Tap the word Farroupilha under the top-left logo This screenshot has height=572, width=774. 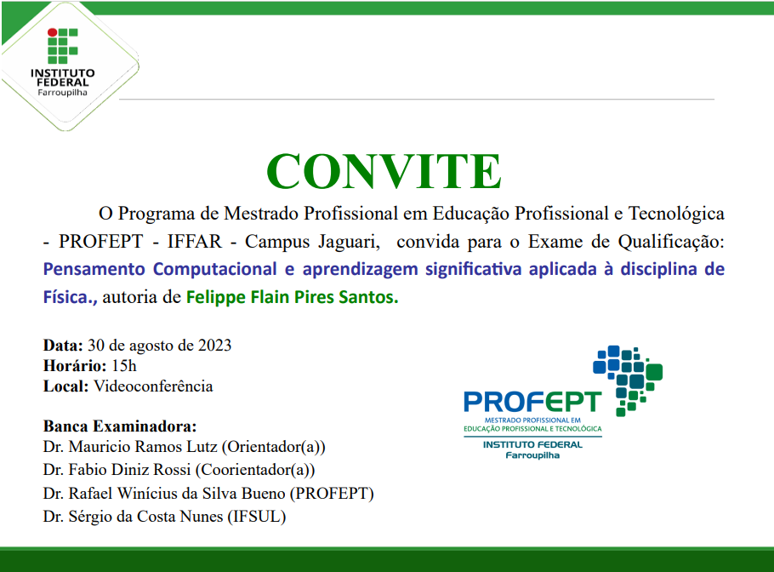point(62,92)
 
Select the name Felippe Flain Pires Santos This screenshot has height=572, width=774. point(292,298)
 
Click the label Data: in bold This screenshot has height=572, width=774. point(63,346)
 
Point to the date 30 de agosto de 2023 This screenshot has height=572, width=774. point(159,346)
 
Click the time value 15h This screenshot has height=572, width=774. point(124,366)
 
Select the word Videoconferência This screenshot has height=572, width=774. point(153,386)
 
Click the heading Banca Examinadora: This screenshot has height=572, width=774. point(119,426)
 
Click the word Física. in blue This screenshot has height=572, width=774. point(71,298)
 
